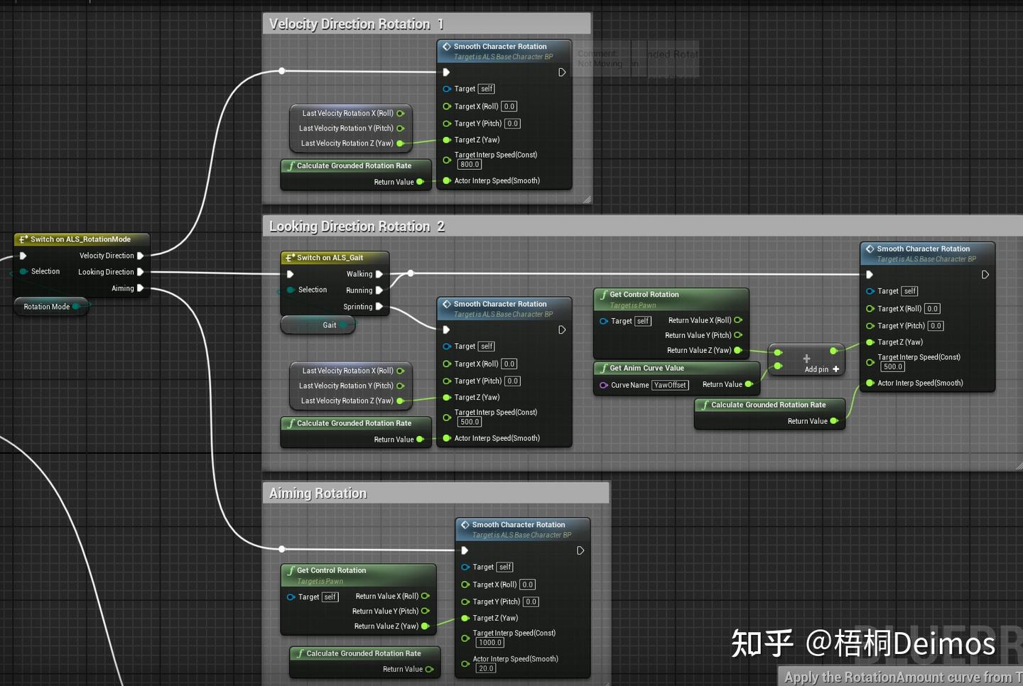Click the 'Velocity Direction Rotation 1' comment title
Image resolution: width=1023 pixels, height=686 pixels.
tap(356, 24)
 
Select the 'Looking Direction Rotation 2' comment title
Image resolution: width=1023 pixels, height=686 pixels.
tap(357, 227)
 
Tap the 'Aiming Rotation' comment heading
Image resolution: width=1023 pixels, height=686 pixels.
tap(318, 494)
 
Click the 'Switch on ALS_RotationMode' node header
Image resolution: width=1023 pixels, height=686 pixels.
tap(80, 239)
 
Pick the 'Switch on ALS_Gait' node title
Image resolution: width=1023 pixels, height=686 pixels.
tap(330, 258)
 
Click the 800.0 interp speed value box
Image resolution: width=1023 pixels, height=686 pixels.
tap(469, 165)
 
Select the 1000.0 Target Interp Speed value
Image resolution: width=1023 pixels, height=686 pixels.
tap(490, 643)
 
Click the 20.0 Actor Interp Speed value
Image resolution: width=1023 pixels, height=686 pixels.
tap(486, 668)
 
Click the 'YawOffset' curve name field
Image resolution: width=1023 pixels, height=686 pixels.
tap(670, 385)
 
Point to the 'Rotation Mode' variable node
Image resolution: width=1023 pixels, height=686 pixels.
tap(47, 307)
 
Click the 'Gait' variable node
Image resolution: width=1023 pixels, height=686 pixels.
tap(329, 325)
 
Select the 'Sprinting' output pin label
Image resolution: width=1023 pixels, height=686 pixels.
tap(357, 307)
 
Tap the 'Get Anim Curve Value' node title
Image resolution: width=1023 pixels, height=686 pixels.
tap(646, 369)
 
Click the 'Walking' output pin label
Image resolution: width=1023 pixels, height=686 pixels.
tap(359, 274)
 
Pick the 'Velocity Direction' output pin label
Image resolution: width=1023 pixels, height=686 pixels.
tap(107, 256)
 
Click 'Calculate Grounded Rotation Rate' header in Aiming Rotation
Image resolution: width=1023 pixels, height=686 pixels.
tap(363, 653)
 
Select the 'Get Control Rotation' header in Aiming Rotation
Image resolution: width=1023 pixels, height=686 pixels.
tap(331, 570)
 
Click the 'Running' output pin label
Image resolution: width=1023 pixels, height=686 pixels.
tap(359, 290)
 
